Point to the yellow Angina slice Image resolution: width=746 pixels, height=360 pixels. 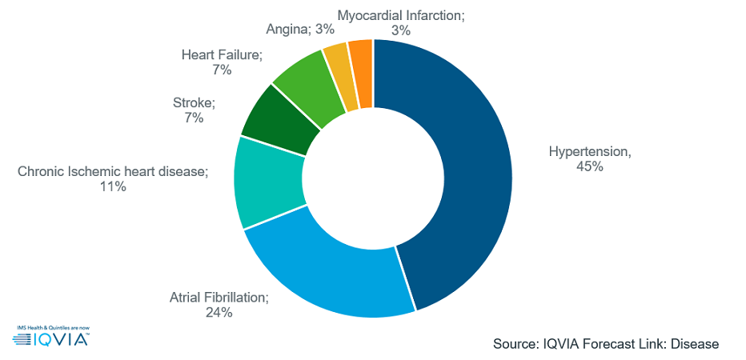(x=339, y=66)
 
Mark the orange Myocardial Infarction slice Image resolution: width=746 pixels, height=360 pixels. (x=362, y=62)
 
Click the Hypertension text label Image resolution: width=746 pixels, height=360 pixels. (x=589, y=151)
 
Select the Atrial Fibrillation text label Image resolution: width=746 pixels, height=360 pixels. (x=219, y=297)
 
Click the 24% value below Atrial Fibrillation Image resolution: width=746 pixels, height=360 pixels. (x=218, y=313)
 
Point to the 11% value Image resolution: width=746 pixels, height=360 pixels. (x=113, y=187)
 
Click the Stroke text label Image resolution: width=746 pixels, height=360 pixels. (x=194, y=102)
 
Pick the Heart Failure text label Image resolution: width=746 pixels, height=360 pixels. (x=222, y=54)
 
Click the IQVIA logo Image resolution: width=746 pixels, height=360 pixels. (x=51, y=339)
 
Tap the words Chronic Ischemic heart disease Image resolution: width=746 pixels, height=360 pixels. (x=113, y=171)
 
